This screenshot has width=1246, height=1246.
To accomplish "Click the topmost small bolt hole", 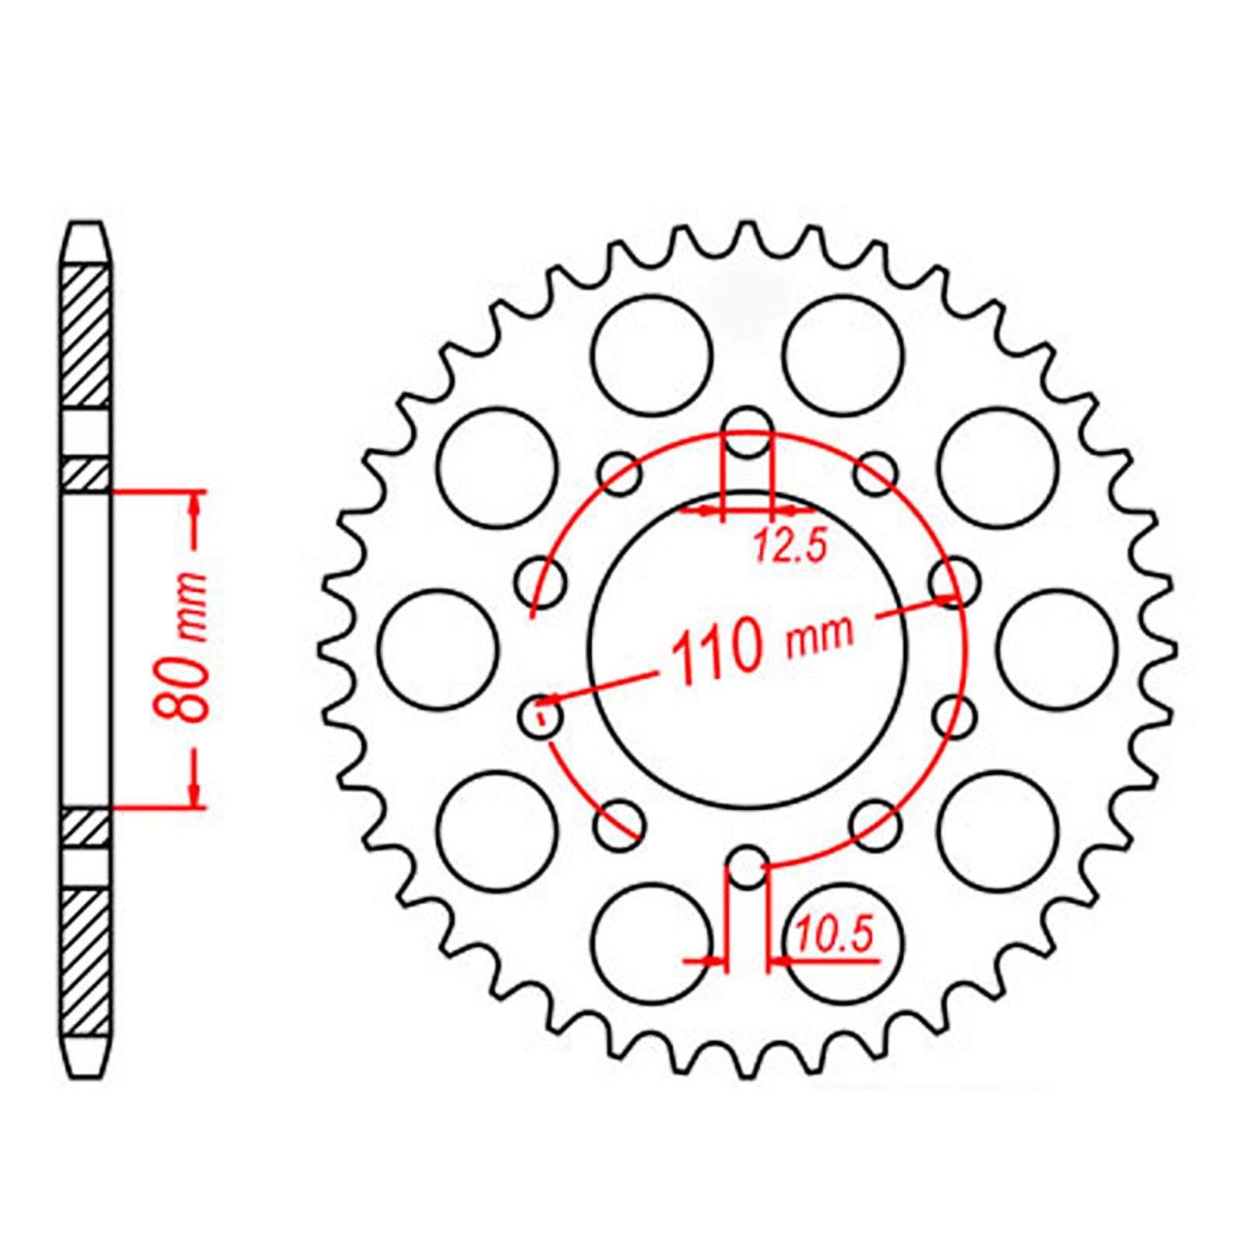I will click(748, 433).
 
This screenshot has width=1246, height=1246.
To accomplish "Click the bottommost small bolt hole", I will click(748, 867).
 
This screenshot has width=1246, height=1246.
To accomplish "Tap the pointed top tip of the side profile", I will click(86, 226).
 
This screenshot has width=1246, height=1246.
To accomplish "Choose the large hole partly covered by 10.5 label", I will click(843, 942).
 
